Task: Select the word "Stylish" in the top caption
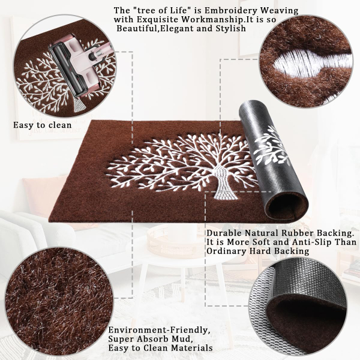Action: pos(230,29)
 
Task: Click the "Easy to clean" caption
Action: pos(43,125)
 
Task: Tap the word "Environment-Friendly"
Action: pos(160,330)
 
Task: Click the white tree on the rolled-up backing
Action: pos(272,147)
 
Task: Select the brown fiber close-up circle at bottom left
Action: pos(59,301)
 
